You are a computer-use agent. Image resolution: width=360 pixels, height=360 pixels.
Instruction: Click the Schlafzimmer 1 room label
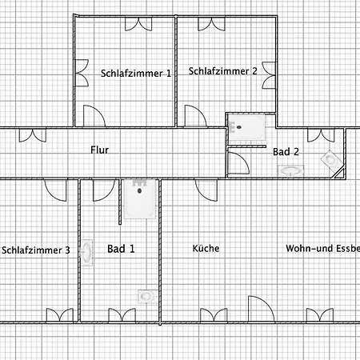pyautogui.click(x=136, y=74)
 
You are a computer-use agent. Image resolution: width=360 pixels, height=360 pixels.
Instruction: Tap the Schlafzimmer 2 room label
pyautogui.click(x=223, y=71)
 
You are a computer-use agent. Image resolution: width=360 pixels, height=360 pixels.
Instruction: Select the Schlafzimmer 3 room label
pyautogui.click(x=36, y=250)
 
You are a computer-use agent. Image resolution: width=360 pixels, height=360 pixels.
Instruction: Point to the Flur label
pyautogui.click(x=99, y=150)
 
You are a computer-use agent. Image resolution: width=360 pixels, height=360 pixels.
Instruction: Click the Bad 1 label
pyautogui.click(x=121, y=249)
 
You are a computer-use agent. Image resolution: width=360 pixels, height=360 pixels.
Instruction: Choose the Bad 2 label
pyautogui.click(x=286, y=152)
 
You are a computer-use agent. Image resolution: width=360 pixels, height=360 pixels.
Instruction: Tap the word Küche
pyautogui.click(x=206, y=248)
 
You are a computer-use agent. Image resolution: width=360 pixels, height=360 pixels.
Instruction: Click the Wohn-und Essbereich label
pyautogui.click(x=323, y=248)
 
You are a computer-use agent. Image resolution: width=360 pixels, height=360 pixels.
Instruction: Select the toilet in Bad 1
pyautogui.click(x=147, y=296)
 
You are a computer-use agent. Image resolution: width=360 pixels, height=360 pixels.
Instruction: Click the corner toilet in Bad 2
pyautogui.click(x=332, y=161)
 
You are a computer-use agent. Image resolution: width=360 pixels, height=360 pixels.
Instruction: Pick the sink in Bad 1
pyautogui.click(x=86, y=252)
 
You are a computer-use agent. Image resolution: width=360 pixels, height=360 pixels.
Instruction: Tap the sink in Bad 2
pyautogui.click(x=290, y=170)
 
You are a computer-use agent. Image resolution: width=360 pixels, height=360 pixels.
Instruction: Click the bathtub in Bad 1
pyautogui.click(x=140, y=199)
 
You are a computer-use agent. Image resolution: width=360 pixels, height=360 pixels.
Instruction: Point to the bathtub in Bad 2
pyautogui.click(x=247, y=127)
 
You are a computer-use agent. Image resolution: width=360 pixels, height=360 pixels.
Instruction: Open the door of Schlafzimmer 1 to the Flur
pyautogui.click(x=94, y=116)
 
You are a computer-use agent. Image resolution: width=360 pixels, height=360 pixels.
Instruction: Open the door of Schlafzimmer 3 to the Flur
pyautogui.click(x=55, y=190)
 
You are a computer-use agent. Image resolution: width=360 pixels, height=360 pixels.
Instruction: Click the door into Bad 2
pyautogui.click(x=238, y=163)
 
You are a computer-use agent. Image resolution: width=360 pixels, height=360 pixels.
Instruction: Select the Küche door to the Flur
pyautogui.click(x=206, y=190)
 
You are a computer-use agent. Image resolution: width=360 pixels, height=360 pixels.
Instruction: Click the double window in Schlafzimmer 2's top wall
pyautogui.click(x=211, y=24)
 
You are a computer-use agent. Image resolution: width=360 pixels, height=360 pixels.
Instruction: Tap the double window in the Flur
pyautogui.click(x=33, y=135)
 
